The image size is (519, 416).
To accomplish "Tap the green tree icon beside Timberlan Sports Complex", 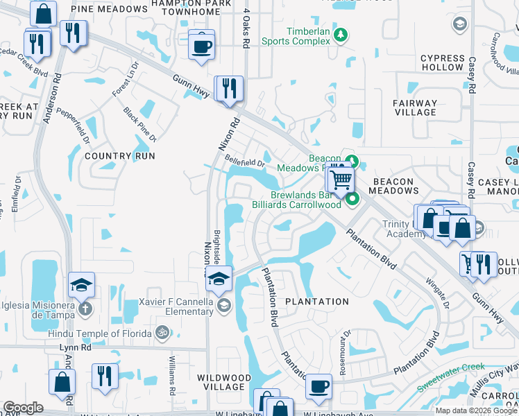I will point(340,34).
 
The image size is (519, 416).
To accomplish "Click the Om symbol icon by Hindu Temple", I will point(162,333).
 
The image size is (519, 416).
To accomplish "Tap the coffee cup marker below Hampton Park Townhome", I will point(201,47).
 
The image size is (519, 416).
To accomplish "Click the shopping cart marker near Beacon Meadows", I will point(341,180).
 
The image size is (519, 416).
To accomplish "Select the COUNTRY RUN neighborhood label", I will point(117,156).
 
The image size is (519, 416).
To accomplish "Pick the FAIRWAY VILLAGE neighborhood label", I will point(415,107).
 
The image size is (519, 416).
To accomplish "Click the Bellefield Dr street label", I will point(244,164).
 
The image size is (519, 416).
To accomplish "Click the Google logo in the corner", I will point(23,408).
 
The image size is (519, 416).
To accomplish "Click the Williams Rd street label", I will point(172,371).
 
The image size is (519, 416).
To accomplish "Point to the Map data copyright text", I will point(475,410).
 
